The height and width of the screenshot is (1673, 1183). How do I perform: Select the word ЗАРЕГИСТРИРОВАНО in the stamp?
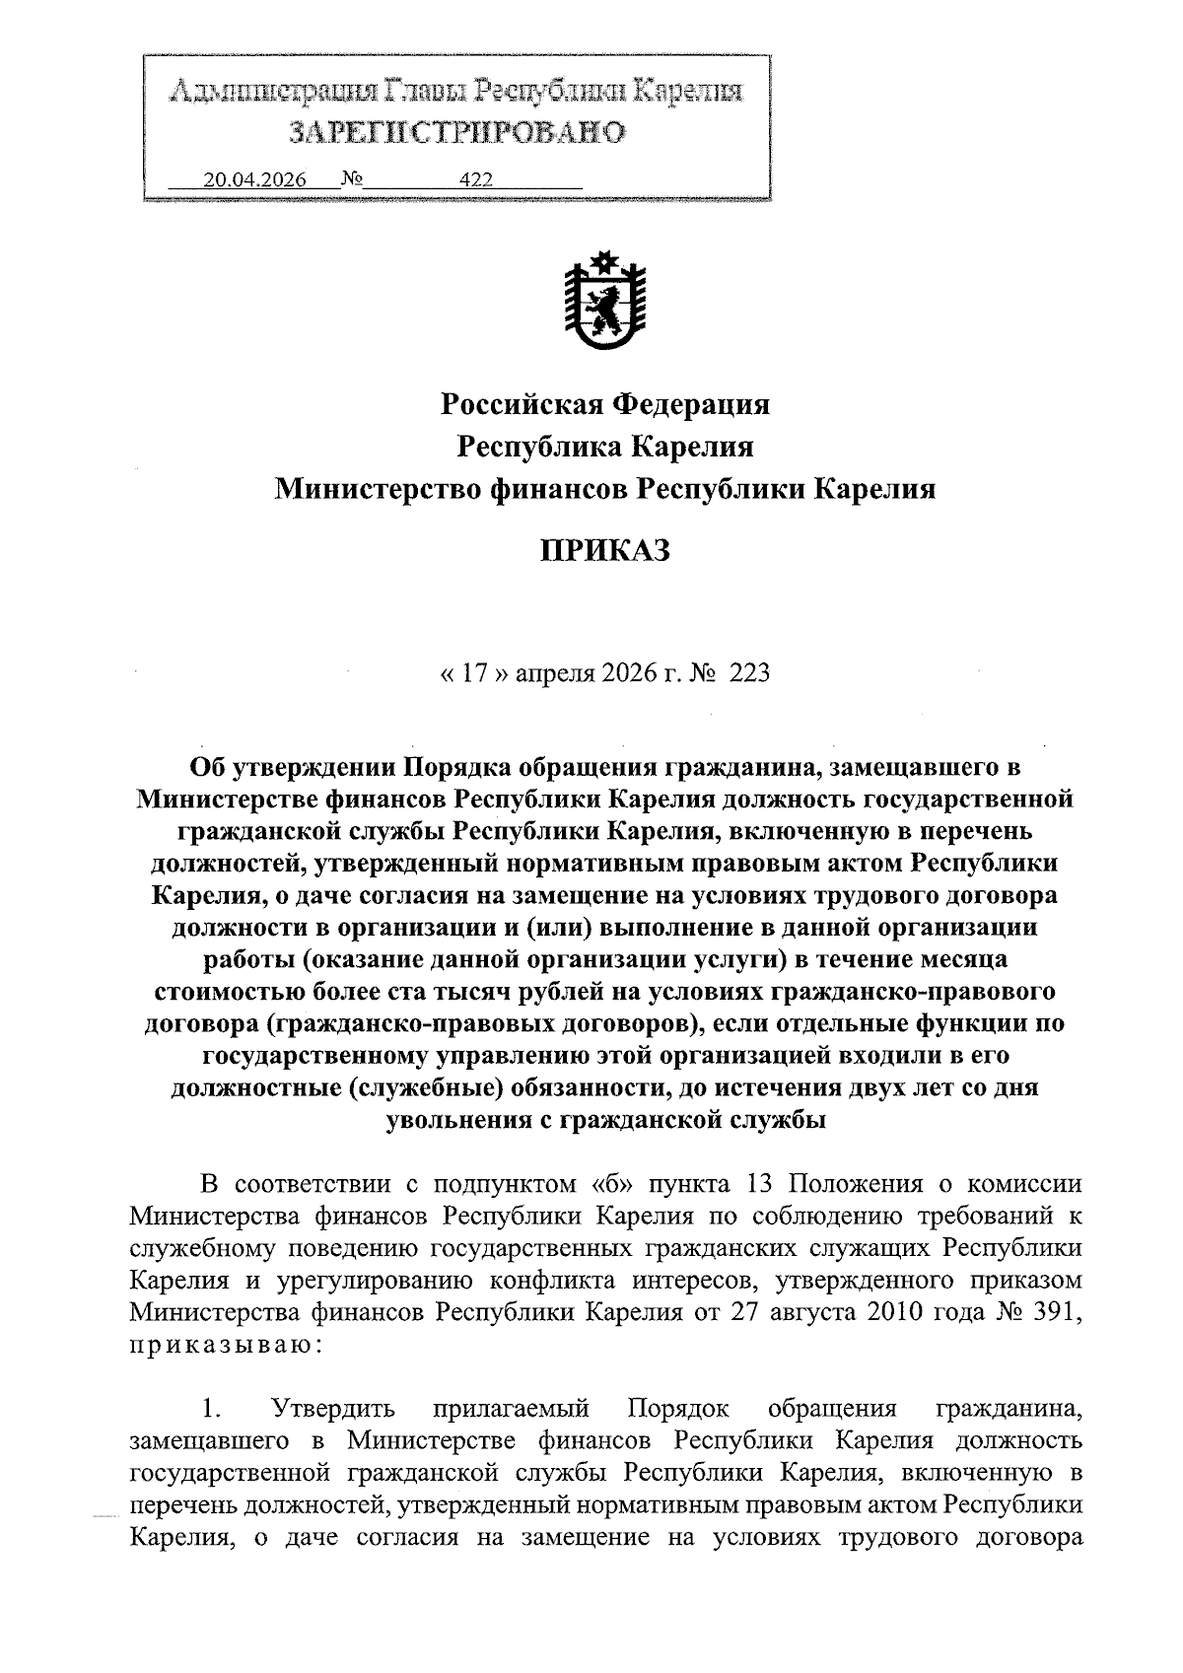456,133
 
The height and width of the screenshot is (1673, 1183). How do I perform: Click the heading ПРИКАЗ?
604,550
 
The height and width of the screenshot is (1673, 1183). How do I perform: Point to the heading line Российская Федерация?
604,404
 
